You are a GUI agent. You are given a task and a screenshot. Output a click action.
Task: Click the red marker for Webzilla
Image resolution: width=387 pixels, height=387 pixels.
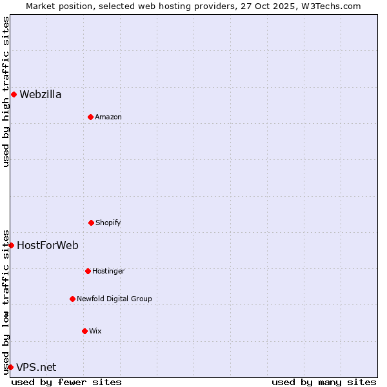point(14,95)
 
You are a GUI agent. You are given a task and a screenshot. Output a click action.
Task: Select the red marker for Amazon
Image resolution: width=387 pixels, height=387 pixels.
point(90,117)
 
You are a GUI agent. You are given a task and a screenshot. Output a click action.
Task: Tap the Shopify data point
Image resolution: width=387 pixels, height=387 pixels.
point(91,223)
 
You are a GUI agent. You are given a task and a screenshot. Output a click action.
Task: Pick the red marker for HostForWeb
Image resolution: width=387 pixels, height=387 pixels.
point(11,245)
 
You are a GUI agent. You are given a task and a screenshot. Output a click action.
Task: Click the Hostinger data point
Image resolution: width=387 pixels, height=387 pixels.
point(88,271)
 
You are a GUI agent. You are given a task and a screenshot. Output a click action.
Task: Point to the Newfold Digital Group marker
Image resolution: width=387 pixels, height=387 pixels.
point(72,299)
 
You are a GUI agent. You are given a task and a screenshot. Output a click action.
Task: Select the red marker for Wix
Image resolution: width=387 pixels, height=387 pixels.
point(84,331)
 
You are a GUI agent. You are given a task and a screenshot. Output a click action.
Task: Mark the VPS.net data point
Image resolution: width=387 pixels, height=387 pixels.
point(10,367)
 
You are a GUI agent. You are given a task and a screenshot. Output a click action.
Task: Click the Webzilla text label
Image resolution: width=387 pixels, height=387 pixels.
point(41,95)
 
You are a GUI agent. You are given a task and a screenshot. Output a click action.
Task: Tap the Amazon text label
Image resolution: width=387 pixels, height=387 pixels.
point(108,117)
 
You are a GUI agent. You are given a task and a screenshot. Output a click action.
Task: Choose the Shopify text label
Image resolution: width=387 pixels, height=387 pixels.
point(108,223)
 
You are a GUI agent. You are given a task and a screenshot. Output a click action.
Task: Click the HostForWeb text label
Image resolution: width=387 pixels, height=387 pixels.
point(48,245)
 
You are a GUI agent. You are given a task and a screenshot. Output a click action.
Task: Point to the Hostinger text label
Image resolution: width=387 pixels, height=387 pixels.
point(108,271)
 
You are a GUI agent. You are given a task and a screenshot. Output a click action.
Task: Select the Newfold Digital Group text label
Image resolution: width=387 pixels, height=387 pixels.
point(114,299)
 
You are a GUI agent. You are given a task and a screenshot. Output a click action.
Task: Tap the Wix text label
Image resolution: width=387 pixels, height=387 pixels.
point(95,331)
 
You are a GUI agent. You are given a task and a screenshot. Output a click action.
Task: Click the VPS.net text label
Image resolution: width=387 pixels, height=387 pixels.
point(36,367)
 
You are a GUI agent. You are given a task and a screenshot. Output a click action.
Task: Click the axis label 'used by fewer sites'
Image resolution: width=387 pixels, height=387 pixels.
point(66,382)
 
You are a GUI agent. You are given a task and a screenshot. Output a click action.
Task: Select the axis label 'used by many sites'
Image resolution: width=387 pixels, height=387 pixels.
point(324,382)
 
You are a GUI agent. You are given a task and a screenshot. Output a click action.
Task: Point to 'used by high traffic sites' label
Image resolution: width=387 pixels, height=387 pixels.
point(6,92)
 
